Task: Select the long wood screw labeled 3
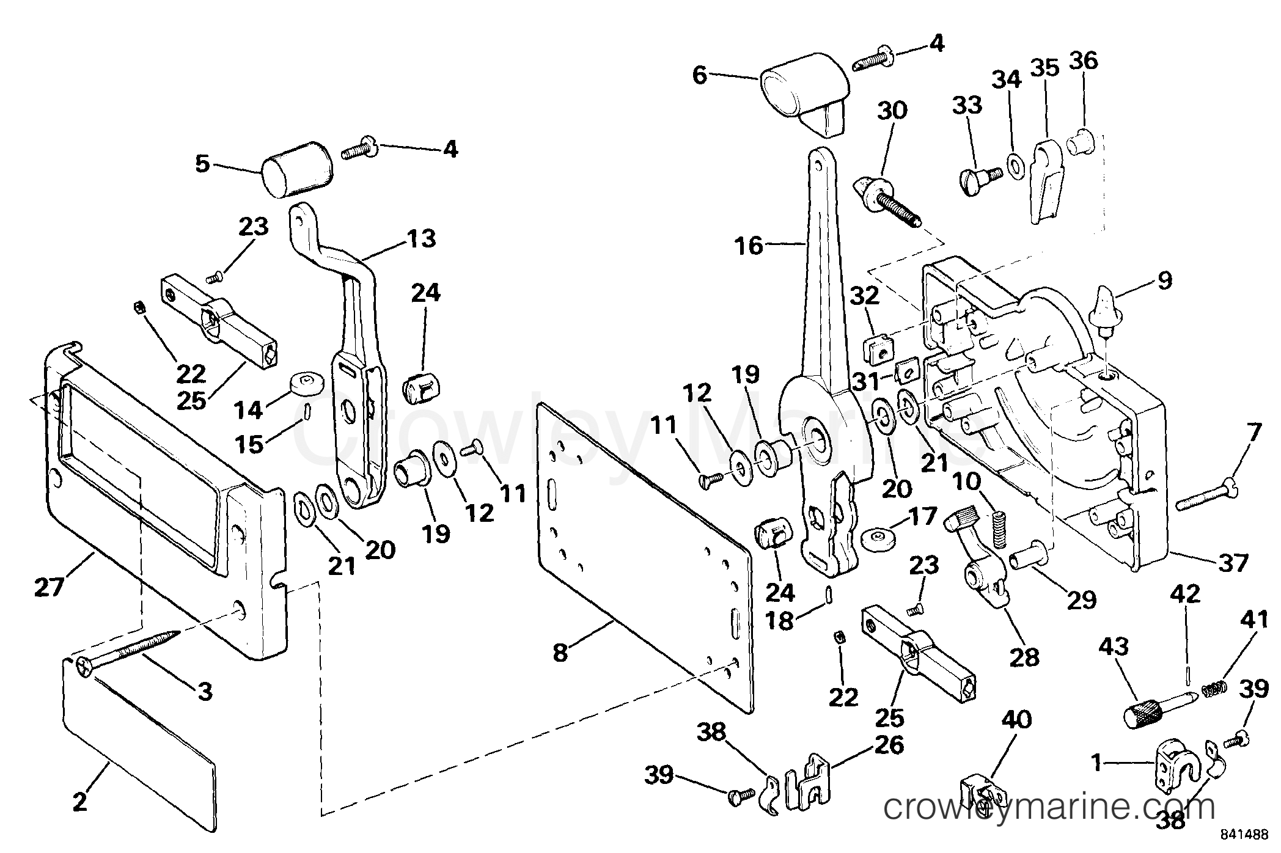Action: pyautogui.click(x=128, y=651)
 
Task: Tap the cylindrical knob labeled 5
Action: pyautogui.click(x=297, y=169)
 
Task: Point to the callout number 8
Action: pyautogui.click(x=560, y=653)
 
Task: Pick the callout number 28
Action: pyautogui.click(x=1024, y=657)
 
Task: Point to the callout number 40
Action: pyautogui.click(x=1016, y=719)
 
